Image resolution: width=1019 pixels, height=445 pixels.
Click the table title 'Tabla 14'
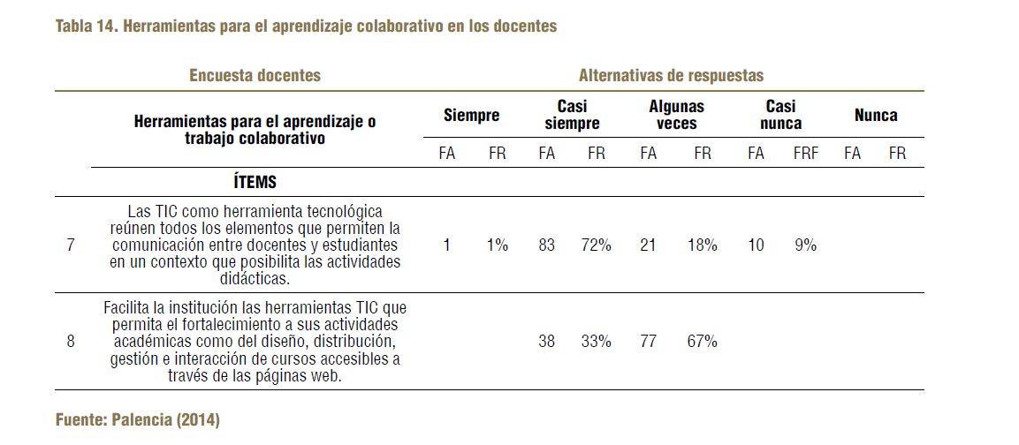click(87, 26)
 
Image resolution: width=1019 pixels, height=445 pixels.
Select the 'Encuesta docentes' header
click(255, 75)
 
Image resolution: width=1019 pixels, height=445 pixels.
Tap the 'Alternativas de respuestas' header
click(671, 75)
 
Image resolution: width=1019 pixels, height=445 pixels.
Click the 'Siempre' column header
click(471, 115)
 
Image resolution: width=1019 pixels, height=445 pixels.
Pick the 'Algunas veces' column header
click(676, 115)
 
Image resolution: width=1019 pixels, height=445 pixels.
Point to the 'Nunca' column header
click(875, 115)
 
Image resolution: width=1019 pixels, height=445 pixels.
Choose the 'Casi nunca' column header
click(780, 115)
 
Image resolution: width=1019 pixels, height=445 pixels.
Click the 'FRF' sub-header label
click(805, 154)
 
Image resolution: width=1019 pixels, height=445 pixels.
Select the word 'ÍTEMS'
click(255, 183)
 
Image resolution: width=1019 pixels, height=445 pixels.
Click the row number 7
click(71, 245)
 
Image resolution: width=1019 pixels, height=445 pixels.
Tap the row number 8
click(71, 341)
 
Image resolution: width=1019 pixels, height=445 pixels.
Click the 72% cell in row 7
click(596, 245)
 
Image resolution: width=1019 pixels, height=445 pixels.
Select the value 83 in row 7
click(546, 245)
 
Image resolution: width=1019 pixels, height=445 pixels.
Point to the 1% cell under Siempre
click(498, 245)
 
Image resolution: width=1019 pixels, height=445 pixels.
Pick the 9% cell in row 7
click(805, 245)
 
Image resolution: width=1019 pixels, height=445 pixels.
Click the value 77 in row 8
click(648, 341)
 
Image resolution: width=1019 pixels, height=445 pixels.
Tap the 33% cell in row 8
click(596, 341)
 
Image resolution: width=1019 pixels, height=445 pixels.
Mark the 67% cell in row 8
click(702, 341)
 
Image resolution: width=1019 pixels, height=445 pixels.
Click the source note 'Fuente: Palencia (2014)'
click(137, 419)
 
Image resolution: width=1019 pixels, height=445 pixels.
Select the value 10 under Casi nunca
click(755, 245)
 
